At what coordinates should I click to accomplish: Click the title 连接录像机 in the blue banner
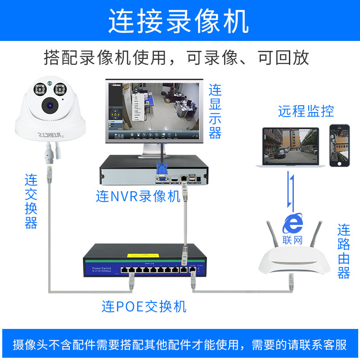[179, 22]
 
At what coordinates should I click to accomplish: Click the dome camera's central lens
[49, 106]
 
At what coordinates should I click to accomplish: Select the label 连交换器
[31, 202]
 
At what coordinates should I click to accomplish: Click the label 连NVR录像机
[138, 197]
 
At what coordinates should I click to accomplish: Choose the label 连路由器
[344, 252]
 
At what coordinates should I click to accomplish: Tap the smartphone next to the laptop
[339, 146]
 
